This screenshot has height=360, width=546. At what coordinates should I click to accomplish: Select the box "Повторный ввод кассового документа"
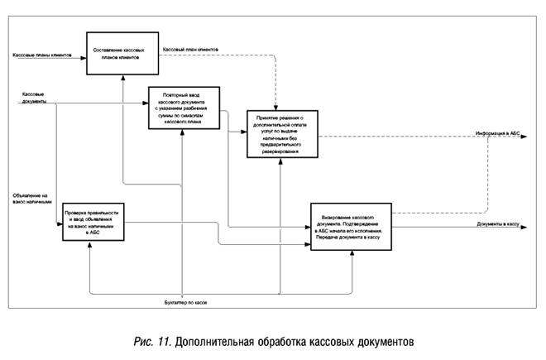click(x=184, y=108)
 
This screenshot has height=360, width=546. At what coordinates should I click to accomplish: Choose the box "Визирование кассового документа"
click(x=351, y=226)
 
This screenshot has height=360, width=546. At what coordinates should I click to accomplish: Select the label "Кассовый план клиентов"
click(x=190, y=49)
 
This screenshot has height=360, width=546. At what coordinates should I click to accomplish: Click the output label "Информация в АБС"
click(x=497, y=132)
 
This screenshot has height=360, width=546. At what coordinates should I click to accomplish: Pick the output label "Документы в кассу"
click(x=497, y=223)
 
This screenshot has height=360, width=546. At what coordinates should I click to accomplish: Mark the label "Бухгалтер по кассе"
click(x=185, y=304)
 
